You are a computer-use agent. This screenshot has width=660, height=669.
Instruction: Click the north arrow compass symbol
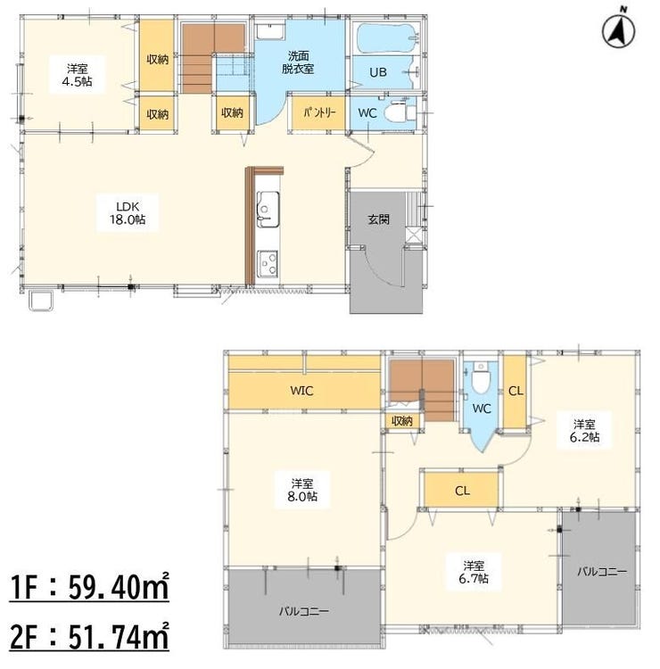click(x=619, y=30)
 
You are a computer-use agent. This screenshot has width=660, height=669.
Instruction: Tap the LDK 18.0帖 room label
click(x=128, y=213)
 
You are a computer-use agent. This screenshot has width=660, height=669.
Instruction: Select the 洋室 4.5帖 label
click(x=78, y=75)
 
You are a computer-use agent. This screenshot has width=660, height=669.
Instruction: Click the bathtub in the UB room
click(x=385, y=38)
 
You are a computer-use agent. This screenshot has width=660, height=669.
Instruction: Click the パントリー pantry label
click(x=320, y=113)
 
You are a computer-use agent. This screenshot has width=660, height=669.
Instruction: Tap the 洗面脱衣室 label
click(x=298, y=62)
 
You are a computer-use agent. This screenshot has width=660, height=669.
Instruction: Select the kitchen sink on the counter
click(x=268, y=209)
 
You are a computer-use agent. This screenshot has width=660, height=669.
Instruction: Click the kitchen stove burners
click(x=268, y=263)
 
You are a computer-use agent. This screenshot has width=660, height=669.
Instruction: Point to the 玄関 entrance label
click(x=378, y=219)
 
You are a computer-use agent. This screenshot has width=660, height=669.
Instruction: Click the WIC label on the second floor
click(x=301, y=391)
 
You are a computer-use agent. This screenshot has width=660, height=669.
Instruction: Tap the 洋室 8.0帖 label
click(x=302, y=490)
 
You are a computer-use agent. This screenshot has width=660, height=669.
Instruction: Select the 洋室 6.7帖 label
click(x=474, y=572)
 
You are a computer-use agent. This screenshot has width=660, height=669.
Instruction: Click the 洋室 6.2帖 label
click(x=584, y=431)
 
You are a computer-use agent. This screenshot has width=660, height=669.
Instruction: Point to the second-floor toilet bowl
click(x=481, y=378)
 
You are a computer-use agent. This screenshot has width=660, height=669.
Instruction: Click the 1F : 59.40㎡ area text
click(x=89, y=588)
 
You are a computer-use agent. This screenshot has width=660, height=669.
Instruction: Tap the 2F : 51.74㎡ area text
click(x=89, y=637)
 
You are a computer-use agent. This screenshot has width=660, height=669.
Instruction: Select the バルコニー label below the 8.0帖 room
click(x=304, y=611)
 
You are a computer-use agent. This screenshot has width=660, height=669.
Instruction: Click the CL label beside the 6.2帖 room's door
click(x=516, y=391)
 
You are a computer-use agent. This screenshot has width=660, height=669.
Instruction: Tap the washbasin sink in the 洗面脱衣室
click(x=270, y=31)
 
